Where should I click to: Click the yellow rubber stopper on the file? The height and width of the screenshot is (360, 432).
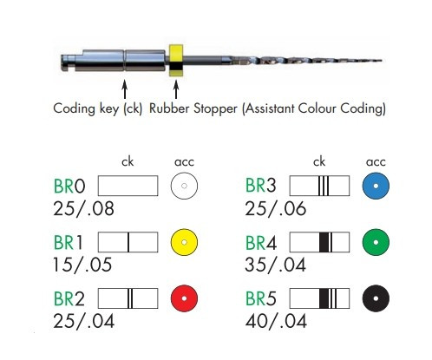tap(176, 61)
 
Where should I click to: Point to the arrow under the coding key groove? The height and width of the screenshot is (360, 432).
tap(125, 89)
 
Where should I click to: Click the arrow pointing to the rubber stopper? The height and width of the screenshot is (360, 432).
tap(176, 89)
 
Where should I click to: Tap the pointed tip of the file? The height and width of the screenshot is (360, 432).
tap(382, 61)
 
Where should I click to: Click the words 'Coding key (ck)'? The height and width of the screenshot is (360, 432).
tap(98, 109)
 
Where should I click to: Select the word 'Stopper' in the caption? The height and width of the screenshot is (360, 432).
tap(215, 109)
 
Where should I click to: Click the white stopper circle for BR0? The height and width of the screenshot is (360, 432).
tap(184, 186)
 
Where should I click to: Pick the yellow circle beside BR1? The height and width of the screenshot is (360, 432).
tap(184, 242)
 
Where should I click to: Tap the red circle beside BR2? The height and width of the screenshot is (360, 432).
tap(184, 298)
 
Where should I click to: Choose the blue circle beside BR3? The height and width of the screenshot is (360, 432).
tap(376, 186)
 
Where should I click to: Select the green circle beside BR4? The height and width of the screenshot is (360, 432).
tap(376, 242)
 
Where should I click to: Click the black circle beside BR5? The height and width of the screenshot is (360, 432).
tap(376, 298)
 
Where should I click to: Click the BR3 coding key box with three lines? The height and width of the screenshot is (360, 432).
tap(319, 186)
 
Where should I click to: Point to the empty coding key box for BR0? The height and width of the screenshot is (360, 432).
tap(128, 186)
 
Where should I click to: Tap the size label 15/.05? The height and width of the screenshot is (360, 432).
tap(82, 265)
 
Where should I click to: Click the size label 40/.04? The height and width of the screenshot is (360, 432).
tap(276, 321)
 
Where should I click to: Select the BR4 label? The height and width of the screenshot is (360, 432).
tap(261, 243)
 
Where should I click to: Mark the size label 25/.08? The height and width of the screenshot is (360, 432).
tap(83, 208)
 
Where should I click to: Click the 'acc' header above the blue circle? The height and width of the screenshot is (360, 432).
tap(376, 162)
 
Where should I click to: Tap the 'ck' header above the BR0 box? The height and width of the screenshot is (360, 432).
tap(128, 161)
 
